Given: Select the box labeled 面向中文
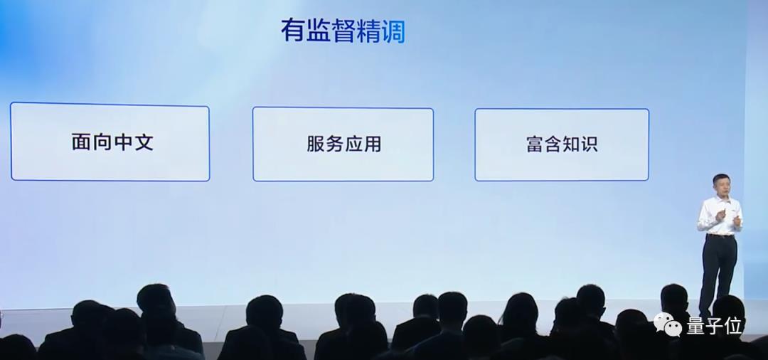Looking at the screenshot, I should [110, 142].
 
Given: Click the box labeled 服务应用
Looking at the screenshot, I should [343, 144].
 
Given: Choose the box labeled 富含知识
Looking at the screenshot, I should [562, 144].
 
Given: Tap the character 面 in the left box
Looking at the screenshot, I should [81, 142].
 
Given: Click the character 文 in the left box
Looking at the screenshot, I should [143, 142].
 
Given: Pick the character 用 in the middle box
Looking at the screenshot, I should [372, 144].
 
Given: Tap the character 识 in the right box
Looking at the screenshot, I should [588, 144].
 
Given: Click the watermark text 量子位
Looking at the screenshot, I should [713, 326].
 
